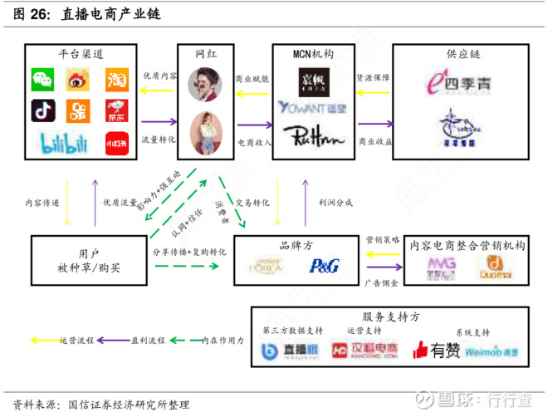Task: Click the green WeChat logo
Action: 43,80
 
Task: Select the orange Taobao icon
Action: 115,80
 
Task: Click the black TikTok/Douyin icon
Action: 43,110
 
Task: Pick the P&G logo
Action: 319,266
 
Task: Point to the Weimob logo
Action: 492,351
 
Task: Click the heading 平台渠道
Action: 80,55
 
